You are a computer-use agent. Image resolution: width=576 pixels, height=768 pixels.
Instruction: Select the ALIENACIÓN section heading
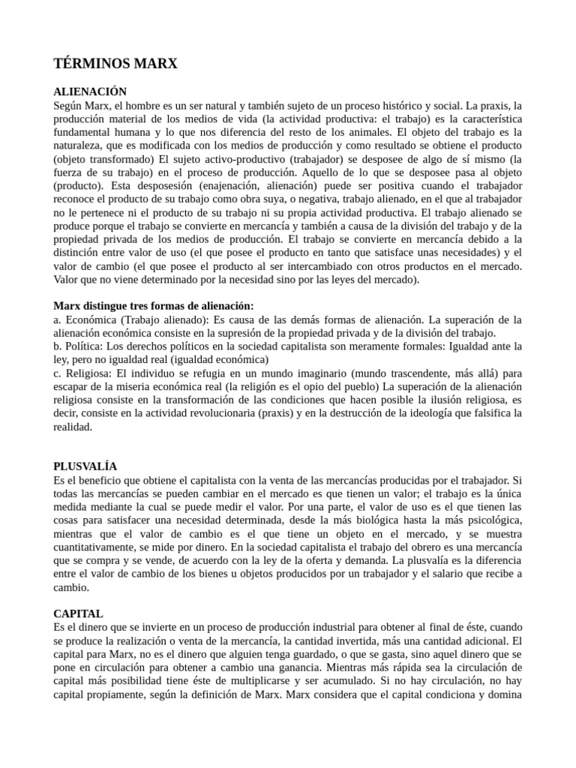[x=90, y=91]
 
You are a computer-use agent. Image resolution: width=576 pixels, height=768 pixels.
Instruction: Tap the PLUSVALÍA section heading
[x=85, y=466]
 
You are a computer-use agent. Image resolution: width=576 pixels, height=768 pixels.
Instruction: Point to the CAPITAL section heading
[x=78, y=613]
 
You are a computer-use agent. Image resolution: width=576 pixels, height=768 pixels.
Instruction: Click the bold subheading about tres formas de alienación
[x=154, y=305]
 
